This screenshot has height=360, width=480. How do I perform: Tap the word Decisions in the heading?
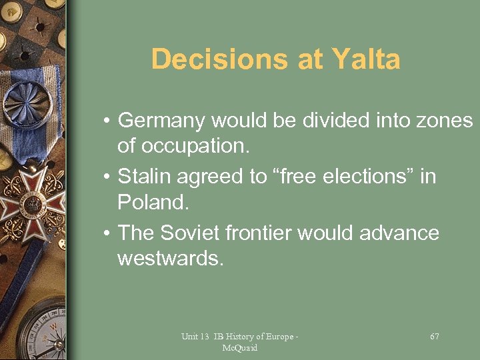point(209,59)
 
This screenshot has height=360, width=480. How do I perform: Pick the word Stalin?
point(139,177)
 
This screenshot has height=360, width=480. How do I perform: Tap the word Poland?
point(148,201)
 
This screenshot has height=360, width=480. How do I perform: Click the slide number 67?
point(435,337)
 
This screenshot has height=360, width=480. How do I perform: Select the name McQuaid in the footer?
point(240,348)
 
